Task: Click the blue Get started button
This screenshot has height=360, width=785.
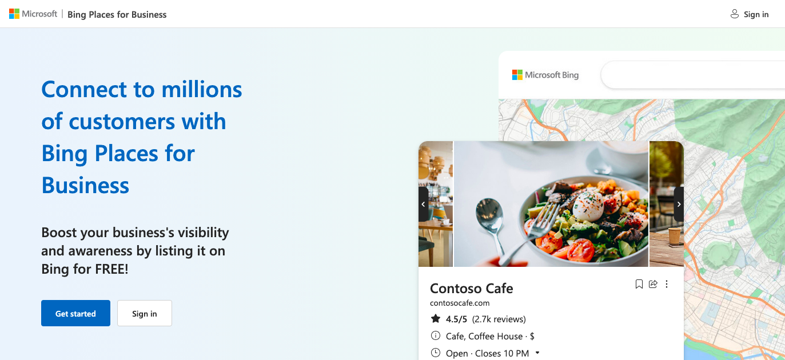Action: coord(75,313)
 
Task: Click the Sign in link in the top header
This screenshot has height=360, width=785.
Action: coord(750,14)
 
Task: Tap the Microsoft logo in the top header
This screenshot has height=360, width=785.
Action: coord(33,14)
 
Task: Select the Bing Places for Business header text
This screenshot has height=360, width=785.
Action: coord(117,14)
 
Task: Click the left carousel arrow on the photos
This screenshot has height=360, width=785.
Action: coord(423,204)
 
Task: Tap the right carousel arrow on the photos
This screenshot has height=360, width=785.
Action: coord(679,204)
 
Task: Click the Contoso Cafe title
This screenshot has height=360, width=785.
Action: coord(471,288)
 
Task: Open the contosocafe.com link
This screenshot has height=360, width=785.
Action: coord(460,303)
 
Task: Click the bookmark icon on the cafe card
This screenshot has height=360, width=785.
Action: coord(639,284)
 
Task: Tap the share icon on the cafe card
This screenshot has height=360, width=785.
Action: coord(653,284)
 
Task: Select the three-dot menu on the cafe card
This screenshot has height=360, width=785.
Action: coord(667,284)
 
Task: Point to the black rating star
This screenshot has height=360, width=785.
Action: coord(436,319)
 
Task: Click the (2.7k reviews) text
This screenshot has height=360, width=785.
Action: coord(499,319)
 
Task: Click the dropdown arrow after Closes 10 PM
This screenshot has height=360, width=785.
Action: coord(537,353)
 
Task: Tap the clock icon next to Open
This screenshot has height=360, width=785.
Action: coord(436,353)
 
